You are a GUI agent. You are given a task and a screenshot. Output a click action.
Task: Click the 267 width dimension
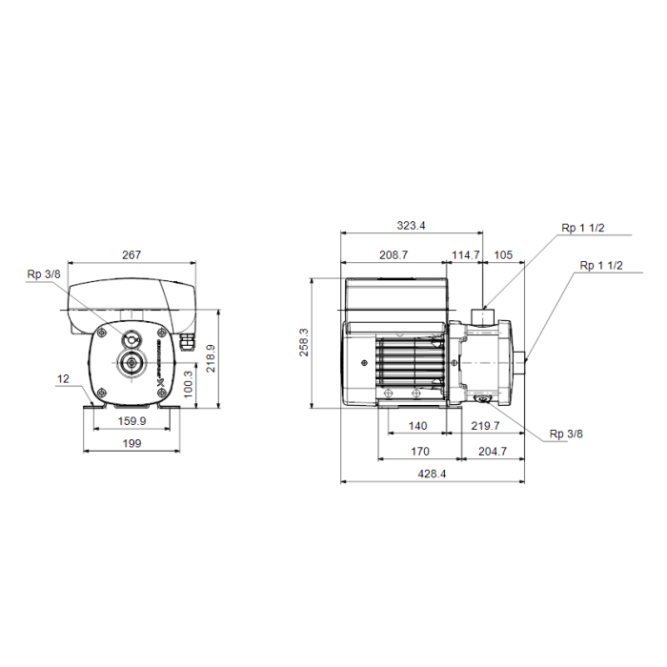(131, 254)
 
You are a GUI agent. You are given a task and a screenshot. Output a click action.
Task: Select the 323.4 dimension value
(411, 226)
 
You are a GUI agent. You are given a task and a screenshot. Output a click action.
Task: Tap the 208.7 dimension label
(394, 254)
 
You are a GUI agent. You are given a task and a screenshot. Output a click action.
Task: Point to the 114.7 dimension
(465, 254)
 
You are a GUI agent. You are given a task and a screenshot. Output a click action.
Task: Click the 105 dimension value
(503, 254)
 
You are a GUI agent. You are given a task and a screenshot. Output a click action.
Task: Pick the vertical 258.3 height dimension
(304, 342)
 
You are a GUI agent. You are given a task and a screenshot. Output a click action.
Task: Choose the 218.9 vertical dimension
(211, 358)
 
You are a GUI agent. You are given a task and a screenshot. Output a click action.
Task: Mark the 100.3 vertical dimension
(188, 384)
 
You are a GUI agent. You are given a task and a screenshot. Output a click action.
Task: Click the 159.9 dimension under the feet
(131, 421)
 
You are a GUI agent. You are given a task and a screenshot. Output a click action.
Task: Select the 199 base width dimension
(131, 443)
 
